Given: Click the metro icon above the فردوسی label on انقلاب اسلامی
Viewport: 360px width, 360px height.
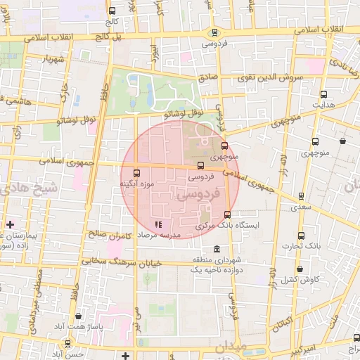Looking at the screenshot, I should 214,32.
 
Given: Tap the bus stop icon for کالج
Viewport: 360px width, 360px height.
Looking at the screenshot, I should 112,11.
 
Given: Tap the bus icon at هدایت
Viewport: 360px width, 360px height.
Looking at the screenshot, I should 323,94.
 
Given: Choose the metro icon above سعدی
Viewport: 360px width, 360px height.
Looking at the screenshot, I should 301,196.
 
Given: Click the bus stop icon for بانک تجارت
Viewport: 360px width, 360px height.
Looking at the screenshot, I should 301,235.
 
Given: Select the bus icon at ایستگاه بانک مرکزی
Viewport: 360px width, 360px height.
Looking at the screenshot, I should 226,215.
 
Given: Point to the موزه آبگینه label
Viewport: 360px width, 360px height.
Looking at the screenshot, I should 136,184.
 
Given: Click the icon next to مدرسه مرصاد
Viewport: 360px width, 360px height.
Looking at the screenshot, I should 148,224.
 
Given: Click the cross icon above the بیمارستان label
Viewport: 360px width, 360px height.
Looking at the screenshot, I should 10,224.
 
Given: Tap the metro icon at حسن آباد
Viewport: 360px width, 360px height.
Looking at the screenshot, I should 67,343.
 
